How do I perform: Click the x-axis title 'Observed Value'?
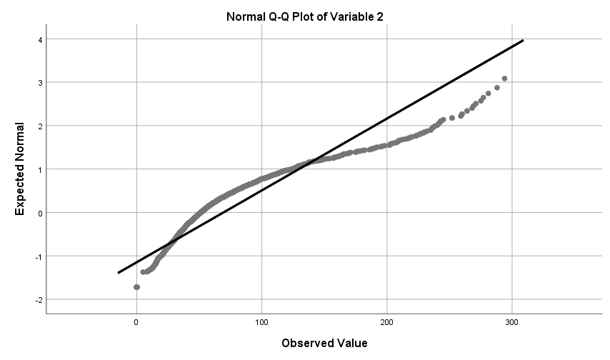click(324, 343)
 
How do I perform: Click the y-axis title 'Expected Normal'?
click(21, 169)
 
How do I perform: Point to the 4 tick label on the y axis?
click(41, 39)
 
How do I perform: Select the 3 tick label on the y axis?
click(41, 83)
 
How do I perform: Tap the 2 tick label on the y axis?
click(41, 126)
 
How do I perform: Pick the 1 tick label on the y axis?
click(41, 169)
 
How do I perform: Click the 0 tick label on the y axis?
click(41, 213)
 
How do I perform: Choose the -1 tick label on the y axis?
click(39, 256)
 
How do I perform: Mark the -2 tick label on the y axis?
click(39, 300)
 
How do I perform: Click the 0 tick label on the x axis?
click(136, 322)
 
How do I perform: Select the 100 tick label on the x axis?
click(262, 322)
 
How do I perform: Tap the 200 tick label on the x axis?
click(387, 322)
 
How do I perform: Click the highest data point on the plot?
click(505, 79)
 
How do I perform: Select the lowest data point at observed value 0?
click(136, 287)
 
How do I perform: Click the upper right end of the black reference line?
click(524, 41)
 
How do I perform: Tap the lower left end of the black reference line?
click(119, 272)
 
